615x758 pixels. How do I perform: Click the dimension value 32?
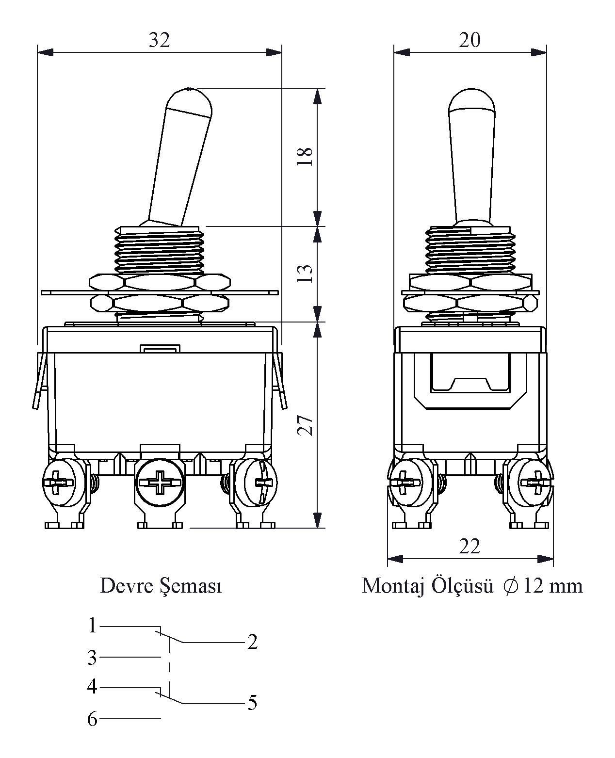point(160,40)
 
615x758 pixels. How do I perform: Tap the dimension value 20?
point(469,40)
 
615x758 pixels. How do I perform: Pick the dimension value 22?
point(469,547)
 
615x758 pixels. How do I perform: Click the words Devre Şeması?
point(161,587)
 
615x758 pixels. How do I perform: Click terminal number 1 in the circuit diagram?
point(93,626)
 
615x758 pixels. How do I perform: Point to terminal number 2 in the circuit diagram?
point(252,642)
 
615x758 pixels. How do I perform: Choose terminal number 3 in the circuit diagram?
point(92,658)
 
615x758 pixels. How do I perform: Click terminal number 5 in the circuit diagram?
point(252,703)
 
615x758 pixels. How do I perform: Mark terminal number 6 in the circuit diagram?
point(92,719)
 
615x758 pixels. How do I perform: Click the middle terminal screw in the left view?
point(159,483)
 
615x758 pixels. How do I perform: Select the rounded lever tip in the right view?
point(471,100)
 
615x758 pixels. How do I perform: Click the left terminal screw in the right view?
point(406,483)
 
